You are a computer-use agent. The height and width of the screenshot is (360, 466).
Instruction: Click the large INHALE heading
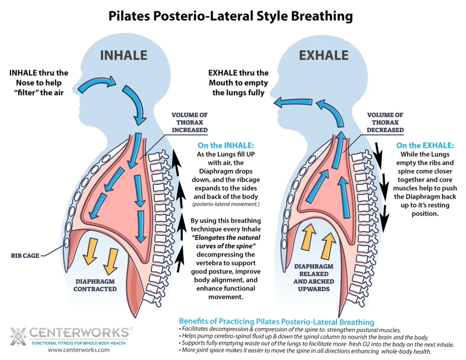(123, 56)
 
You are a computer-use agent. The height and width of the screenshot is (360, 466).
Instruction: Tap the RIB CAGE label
(25, 255)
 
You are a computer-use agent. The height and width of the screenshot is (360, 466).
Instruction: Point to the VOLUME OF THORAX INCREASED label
(190, 122)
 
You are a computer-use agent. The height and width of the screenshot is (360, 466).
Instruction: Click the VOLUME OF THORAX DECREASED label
(385, 122)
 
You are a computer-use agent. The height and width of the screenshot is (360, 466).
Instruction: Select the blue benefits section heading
(276, 321)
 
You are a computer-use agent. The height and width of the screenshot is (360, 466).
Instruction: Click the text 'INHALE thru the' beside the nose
(38, 73)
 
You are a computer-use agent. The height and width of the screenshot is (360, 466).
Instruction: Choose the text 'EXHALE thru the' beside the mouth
(238, 73)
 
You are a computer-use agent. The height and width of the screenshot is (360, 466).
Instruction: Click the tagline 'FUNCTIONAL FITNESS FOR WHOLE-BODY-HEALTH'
(79, 342)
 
